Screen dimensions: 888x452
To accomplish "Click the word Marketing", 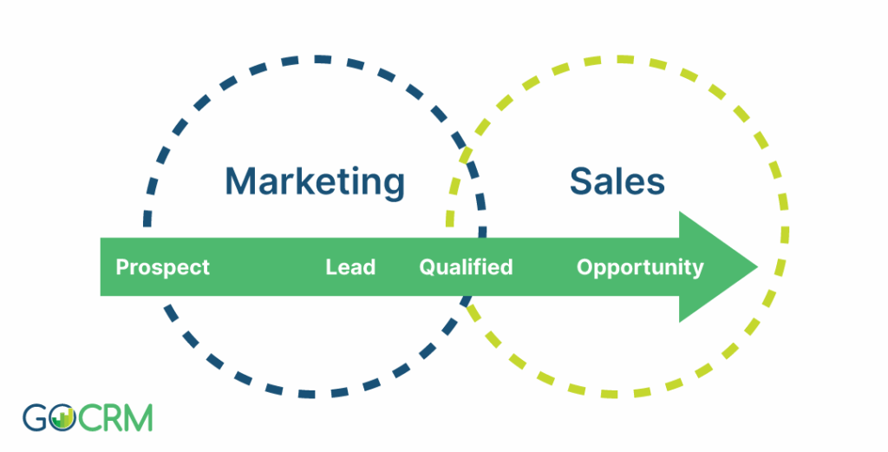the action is coord(315,182).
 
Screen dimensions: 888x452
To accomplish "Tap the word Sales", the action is coord(617,181).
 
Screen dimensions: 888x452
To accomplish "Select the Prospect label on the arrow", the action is coord(162,267).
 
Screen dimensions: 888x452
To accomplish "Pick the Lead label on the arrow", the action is coord(350,267).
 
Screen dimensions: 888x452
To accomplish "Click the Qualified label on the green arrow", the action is coord(466,267).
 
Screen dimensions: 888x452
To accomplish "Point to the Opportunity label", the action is coord(640,267).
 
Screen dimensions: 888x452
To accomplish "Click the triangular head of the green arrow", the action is coord(718,267).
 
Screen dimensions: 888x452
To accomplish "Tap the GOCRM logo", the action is coord(88,418).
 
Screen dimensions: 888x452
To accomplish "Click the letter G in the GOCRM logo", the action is coord(35,418).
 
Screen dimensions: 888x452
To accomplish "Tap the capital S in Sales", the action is coord(581,181).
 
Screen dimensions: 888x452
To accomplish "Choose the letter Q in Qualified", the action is coord(428,267).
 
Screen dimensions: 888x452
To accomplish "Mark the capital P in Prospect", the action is coord(122,267).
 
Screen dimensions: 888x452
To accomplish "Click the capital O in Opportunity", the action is coord(585,267).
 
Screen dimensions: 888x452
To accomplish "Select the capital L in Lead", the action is coord(331,267).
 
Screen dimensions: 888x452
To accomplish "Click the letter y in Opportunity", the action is coord(697,271).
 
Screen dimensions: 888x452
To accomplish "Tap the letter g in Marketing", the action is coord(394,187).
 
